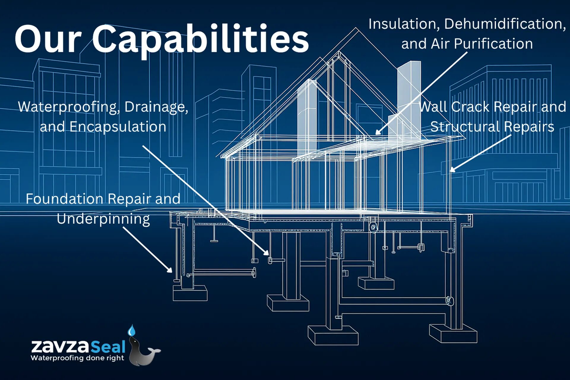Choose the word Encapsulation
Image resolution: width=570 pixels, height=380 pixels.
tap(118, 127)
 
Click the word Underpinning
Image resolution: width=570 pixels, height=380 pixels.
tap(103, 219)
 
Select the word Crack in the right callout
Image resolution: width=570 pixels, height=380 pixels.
tap(470, 107)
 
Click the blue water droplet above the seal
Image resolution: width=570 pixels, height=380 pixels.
tap(131, 330)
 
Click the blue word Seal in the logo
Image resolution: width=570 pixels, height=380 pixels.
tap(108, 346)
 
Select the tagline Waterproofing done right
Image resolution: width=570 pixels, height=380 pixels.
tap(77, 358)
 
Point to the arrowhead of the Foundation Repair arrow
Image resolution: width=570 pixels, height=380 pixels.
tap(170, 270)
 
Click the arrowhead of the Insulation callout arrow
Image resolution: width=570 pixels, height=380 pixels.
tap(377, 133)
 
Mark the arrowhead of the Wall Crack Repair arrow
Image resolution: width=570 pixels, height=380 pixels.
tap(452, 170)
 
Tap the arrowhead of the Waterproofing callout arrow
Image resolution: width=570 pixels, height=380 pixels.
tap(267, 253)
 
